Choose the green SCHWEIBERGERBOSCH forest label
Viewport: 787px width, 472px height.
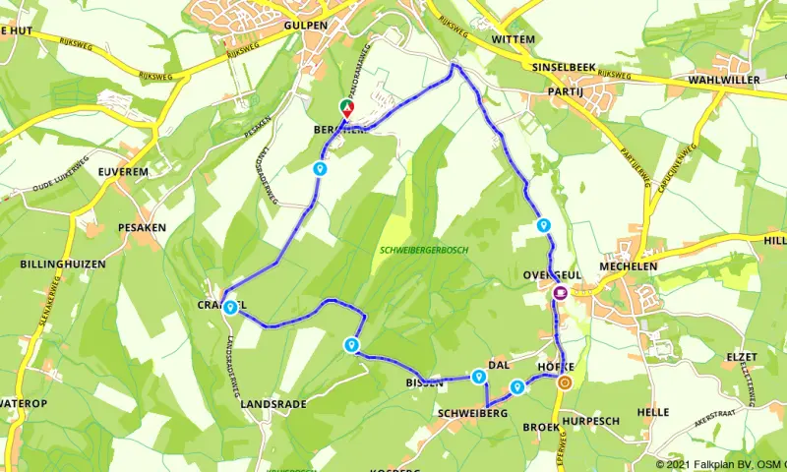tap(424, 251)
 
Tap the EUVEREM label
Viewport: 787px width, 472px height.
tap(122, 171)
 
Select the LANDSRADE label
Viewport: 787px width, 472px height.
tap(273, 404)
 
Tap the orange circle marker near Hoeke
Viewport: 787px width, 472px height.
tap(564, 383)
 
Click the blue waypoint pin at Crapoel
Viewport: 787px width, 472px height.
tap(229, 307)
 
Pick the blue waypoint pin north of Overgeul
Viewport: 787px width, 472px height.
tap(543, 225)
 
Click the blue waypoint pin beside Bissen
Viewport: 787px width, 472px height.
tap(478, 376)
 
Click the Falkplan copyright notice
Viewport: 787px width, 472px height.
tap(720, 464)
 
